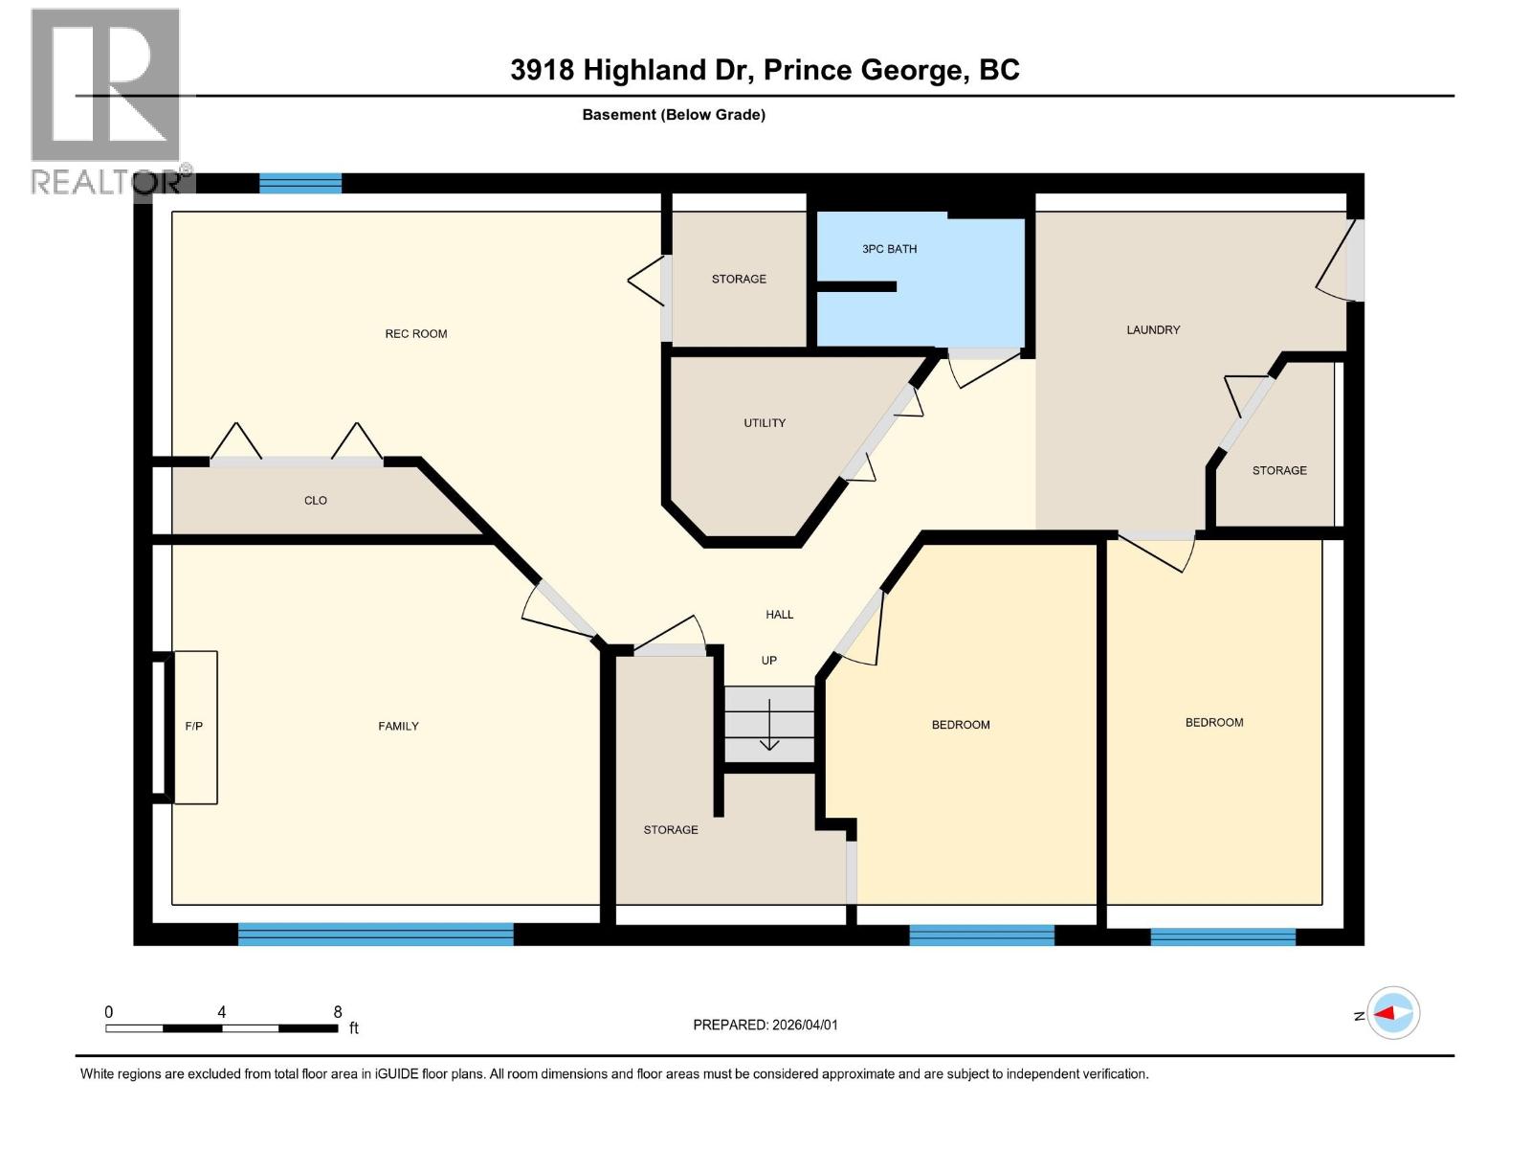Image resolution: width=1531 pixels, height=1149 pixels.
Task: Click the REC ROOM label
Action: point(416,334)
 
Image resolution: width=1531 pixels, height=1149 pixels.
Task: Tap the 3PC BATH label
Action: point(889,249)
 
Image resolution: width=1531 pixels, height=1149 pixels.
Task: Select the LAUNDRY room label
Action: point(1153,330)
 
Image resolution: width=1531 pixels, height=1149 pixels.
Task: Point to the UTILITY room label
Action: point(765,423)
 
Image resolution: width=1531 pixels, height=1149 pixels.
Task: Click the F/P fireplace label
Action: point(193,727)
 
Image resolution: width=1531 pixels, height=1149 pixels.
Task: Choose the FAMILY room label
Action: point(398,727)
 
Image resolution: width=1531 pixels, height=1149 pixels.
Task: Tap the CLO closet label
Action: point(316,501)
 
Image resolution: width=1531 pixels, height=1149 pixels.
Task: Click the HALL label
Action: point(779,615)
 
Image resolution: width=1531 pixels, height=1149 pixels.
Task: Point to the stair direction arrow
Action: point(769,728)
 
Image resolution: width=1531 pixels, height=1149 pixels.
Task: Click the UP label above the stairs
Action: point(768,661)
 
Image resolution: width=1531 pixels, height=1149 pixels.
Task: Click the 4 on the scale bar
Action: point(222,1012)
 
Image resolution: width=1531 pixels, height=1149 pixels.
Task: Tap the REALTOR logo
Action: point(107,101)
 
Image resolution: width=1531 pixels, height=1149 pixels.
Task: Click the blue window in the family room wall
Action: point(375,934)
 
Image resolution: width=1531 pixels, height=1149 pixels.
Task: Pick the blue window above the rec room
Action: point(300,183)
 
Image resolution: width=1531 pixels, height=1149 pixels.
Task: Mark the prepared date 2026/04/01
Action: point(802,1025)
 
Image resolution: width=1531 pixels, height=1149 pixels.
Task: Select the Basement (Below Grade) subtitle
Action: point(674,115)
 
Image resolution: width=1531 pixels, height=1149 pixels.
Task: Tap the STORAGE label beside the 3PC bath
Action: point(739,280)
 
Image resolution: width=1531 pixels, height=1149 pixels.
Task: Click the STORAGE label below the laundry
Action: point(1279,471)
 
